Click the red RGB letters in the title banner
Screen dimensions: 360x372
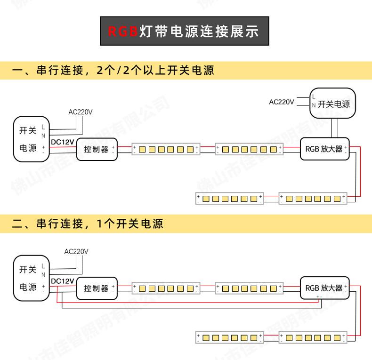tap(122, 32)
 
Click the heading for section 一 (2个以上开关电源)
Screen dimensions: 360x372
tap(113, 71)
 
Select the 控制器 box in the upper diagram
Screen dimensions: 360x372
tap(97, 149)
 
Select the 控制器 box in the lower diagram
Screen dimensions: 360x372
tap(97, 288)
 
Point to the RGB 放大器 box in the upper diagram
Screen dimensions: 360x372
tap(324, 149)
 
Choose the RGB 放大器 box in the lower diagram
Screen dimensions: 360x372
tap(324, 288)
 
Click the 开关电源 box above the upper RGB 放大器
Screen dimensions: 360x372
tap(333, 104)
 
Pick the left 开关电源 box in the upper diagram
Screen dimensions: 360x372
tap(31, 139)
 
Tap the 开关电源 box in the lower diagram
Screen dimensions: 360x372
tap(31, 278)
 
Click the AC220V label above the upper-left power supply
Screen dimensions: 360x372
tap(81, 112)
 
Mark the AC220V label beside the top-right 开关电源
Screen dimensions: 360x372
tap(281, 102)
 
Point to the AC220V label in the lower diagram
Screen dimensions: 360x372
tap(76, 251)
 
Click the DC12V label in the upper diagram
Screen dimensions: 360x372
tap(62, 142)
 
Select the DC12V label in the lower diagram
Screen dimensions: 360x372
tap(62, 281)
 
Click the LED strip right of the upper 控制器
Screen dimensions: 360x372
tap(165, 150)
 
